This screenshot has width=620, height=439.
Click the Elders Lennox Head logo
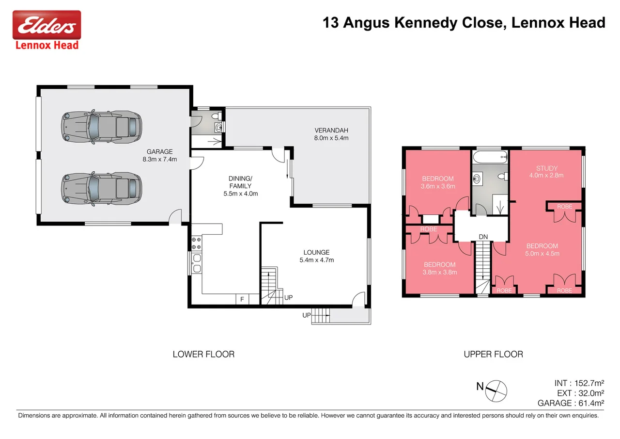point(46,30)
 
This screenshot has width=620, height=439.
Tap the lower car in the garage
point(102,187)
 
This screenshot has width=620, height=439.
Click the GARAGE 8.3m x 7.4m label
point(159,155)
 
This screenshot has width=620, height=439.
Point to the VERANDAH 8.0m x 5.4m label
point(331,134)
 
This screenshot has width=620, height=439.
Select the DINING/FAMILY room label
point(240,186)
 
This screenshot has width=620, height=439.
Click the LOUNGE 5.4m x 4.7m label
point(316,256)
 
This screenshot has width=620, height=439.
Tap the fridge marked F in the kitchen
point(242,299)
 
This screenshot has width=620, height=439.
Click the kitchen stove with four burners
point(197,243)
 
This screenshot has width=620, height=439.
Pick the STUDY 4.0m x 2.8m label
point(546,172)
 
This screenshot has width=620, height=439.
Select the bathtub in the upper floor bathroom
point(490,156)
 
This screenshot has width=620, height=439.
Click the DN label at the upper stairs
point(483,236)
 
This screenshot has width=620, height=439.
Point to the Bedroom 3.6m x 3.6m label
point(437,182)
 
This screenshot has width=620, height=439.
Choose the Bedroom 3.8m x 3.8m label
point(439,268)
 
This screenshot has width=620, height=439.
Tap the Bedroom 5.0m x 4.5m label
point(542,249)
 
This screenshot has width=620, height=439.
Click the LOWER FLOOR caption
point(203,354)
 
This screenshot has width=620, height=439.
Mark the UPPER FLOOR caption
point(493,354)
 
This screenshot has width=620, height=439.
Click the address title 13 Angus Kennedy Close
point(464,22)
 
